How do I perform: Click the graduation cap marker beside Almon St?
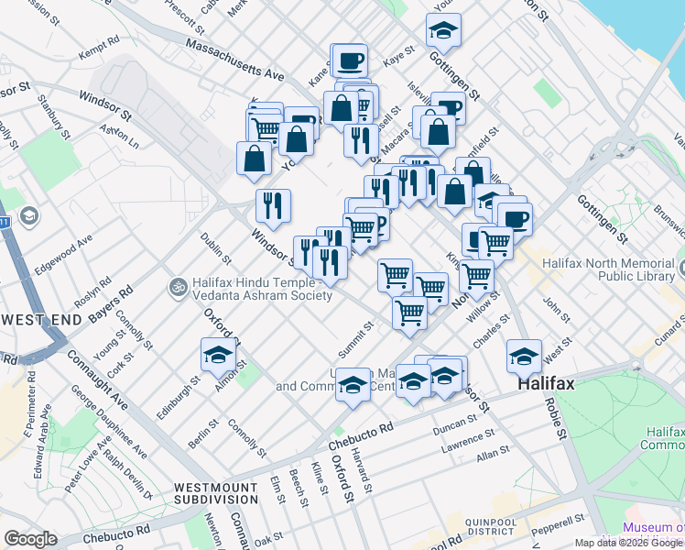click(x=218, y=355)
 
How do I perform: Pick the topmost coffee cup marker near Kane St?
click(x=350, y=60)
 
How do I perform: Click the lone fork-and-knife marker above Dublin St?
click(x=273, y=206)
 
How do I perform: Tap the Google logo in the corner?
click(x=30, y=539)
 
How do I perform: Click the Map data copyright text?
click(x=628, y=543)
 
